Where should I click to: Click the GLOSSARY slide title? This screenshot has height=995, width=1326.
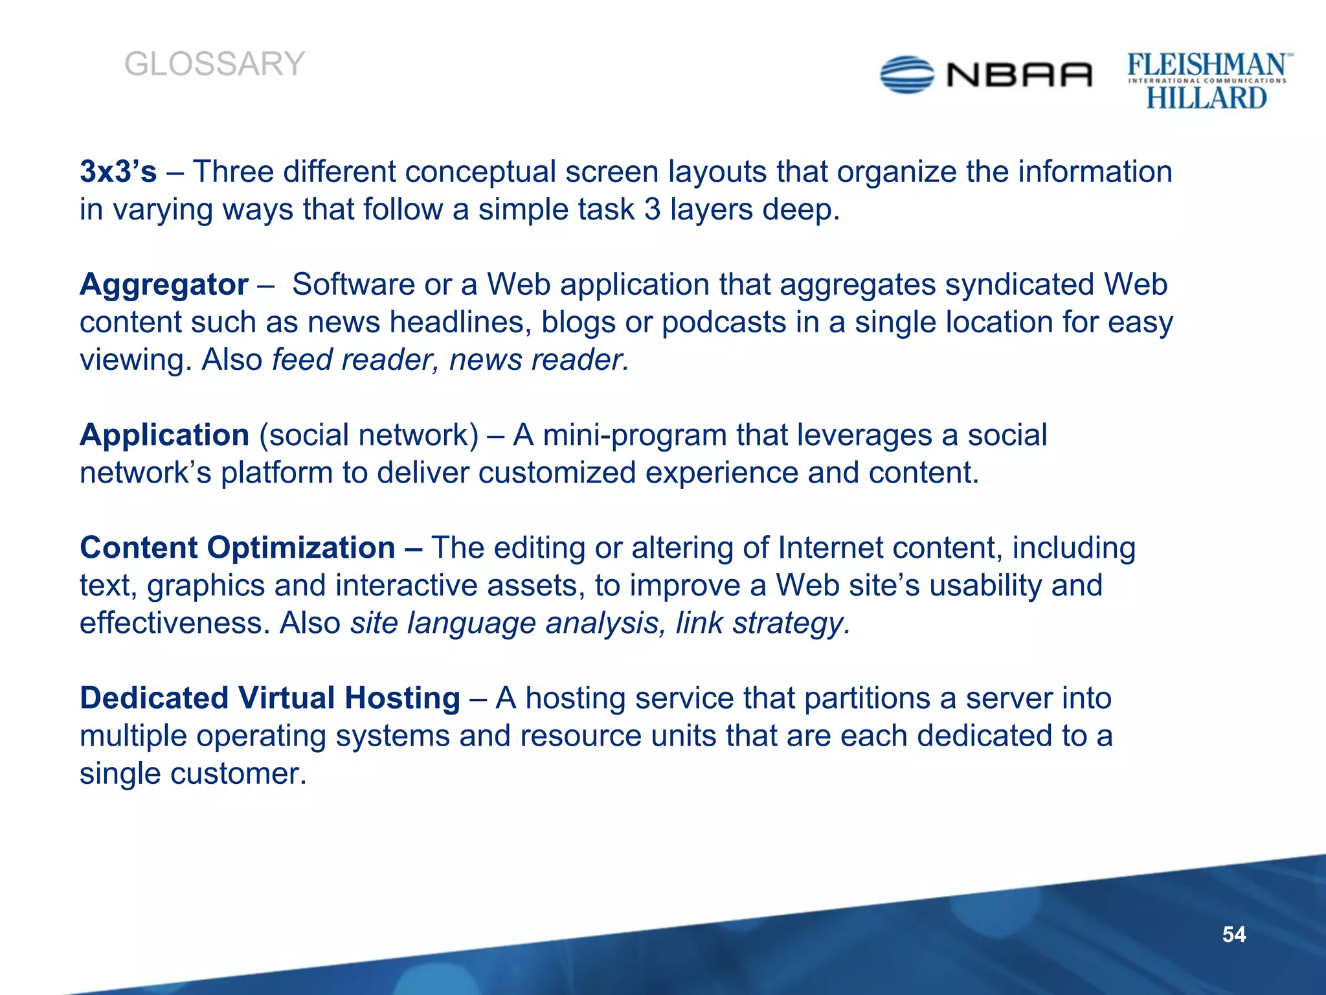pos(214,64)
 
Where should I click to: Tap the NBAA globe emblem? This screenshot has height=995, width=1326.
pos(907,74)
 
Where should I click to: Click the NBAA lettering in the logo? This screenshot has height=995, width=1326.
pos(1020,75)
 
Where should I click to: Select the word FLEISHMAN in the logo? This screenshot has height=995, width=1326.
pos(1207,65)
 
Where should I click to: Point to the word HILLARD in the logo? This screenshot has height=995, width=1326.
pos(1206,98)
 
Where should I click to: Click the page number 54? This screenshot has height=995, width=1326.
pos(1233,934)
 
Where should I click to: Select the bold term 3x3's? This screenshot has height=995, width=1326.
pos(118,172)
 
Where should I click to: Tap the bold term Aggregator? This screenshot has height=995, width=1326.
pos(164,284)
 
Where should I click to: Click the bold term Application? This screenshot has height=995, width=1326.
pos(164,435)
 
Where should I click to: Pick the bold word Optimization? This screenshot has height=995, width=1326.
pos(301,547)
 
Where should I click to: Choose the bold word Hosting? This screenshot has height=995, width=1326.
pos(402,698)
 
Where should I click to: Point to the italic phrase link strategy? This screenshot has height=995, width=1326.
pos(762,623)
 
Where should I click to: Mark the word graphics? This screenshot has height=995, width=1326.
pos(206,586)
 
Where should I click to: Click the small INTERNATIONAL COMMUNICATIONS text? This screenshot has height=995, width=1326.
pos(1207,81)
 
